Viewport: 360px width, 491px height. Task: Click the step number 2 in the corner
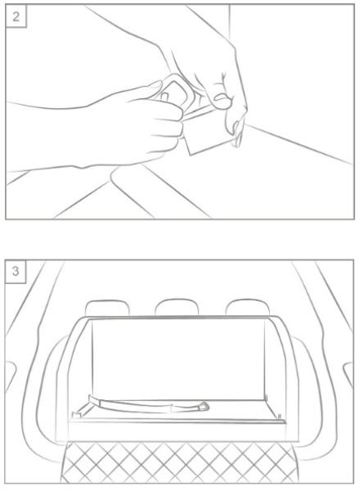point(16,16)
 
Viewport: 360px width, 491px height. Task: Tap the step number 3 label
point(16,271)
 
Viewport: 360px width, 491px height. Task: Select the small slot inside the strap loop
point(165,96)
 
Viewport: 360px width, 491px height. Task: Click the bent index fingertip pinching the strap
point(223,101)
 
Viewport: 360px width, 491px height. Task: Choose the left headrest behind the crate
point(107,308)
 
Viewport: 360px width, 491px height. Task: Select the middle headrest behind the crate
point(177,307)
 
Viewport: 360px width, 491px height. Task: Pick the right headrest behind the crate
point(247,307)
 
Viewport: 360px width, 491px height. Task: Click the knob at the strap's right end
point(204,407)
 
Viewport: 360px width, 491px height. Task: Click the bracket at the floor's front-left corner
point(77,415)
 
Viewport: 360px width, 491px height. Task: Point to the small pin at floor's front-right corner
point(280,417)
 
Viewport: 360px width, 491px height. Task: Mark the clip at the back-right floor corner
point(266,398)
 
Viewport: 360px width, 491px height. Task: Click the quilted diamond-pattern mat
point(179,462)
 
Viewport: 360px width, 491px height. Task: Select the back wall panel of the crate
point(178,359)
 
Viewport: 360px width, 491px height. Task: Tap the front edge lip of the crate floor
point(177,421)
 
